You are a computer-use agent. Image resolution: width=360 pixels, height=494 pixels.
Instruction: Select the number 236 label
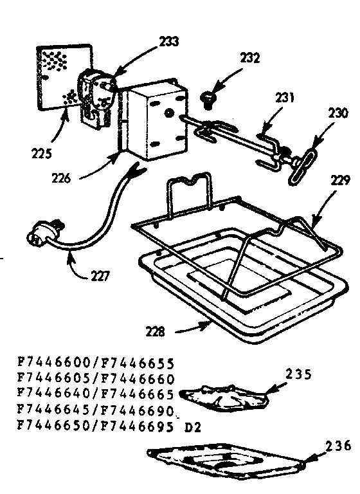pos(339,446)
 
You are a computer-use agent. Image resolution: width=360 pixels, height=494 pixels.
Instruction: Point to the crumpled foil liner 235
pos(224,397)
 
